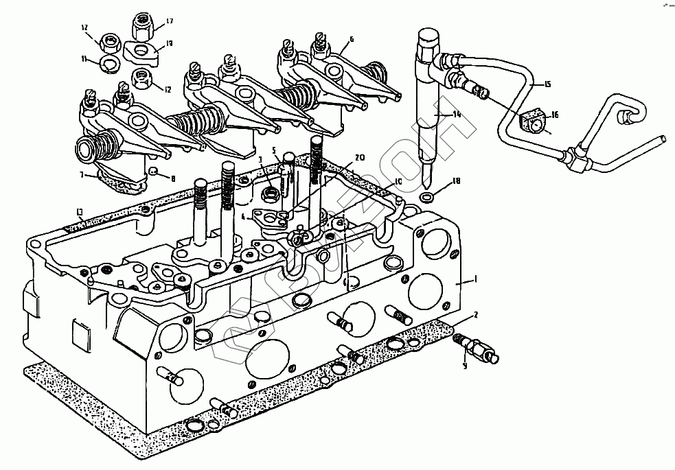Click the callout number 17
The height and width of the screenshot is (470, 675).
pyautogui.click(x=169, y=21)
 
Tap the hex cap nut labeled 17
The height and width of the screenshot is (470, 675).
pyautogui.click(x=143, y=27)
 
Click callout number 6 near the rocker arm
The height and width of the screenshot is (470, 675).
pyautogui.click(x=352, y=39)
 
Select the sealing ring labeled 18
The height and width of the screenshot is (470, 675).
pyautogui.click(x=426, y=198)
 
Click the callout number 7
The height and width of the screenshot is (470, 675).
pyautogui.click(x=82, y=176)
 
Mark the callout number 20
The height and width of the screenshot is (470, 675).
pyautogui.click(x=359, y=157)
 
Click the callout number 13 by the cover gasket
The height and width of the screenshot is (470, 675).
pyautogui.click(x=80, y=210)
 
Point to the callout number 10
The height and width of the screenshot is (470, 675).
pyautogui.click(x=397, y=182)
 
